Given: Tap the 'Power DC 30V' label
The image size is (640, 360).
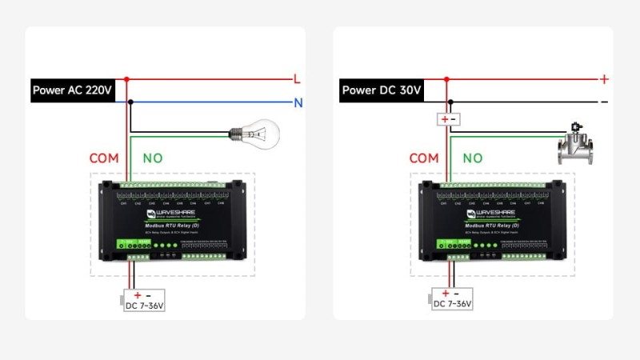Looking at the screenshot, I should click(x=382, y=90).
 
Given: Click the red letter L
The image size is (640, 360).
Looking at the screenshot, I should click(x=297, y=79).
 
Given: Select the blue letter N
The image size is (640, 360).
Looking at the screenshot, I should click(x=298, y=102).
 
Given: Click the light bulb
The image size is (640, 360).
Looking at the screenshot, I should click(x=254, y=133).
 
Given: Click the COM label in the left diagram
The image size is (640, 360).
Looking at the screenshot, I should click(x=104, y=158).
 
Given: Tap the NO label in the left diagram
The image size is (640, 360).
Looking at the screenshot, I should click(x=152, y=158).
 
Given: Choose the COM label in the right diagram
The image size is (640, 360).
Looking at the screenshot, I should click(x=424, y=158).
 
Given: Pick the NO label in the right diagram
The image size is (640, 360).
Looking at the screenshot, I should click(x=472, y=158).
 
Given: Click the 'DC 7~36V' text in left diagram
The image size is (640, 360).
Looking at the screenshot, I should click(x=144, y=305).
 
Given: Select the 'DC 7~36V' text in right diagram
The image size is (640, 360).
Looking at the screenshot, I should click(x=453, y=305).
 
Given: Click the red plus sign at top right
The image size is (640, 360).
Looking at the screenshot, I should click(x=604, y=79).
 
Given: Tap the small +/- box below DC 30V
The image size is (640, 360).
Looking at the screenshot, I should click(x=447, y=120).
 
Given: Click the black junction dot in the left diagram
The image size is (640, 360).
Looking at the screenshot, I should click(x=131, y=102).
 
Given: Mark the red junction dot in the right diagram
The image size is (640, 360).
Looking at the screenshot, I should click(x=446, y=79).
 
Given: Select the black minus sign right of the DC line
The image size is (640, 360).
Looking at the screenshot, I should click(x=604, y=102).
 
